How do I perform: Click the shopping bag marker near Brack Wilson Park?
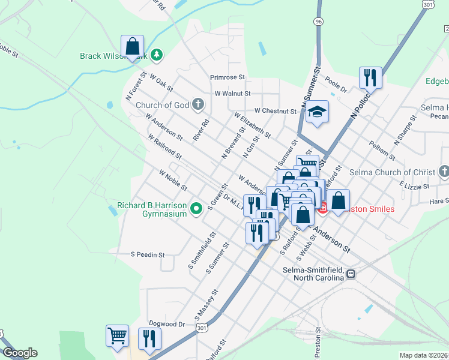(132, 46)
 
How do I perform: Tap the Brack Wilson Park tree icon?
(157, 56)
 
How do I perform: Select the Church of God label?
(162, 105)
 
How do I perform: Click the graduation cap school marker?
(316, 112)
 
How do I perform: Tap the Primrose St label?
(228, 77)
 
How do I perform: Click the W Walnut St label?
(232, 94)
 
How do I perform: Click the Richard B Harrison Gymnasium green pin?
(196, 209)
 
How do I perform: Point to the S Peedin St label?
(148, 254)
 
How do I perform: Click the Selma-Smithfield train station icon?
(351, 274)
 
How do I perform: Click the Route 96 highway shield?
(318, 21)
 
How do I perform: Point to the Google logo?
(20, 353)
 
